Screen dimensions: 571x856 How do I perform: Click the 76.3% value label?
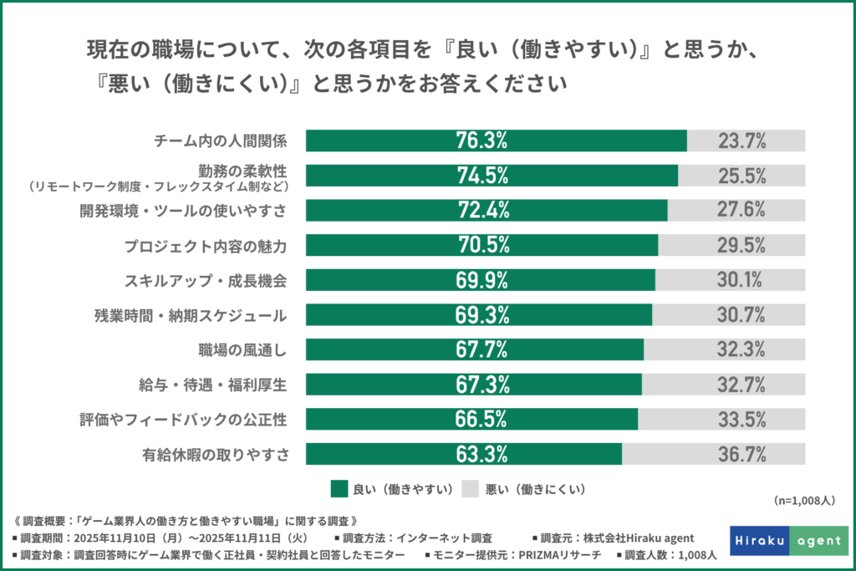[481, 140]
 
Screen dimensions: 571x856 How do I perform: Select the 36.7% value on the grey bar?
[741, 454]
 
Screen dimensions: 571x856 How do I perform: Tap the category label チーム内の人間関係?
[221, 140]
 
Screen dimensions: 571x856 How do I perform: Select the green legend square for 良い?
[339, 488]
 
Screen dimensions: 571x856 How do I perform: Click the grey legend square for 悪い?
[470, 488]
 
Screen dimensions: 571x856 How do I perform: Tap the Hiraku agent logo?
[788, 540]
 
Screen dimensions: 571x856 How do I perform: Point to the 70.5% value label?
[481, 245]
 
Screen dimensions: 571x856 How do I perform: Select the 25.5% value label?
[741, 176]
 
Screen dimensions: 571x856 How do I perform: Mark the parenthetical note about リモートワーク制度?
[157, 186]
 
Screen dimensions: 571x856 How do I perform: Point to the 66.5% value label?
[481, 419]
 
